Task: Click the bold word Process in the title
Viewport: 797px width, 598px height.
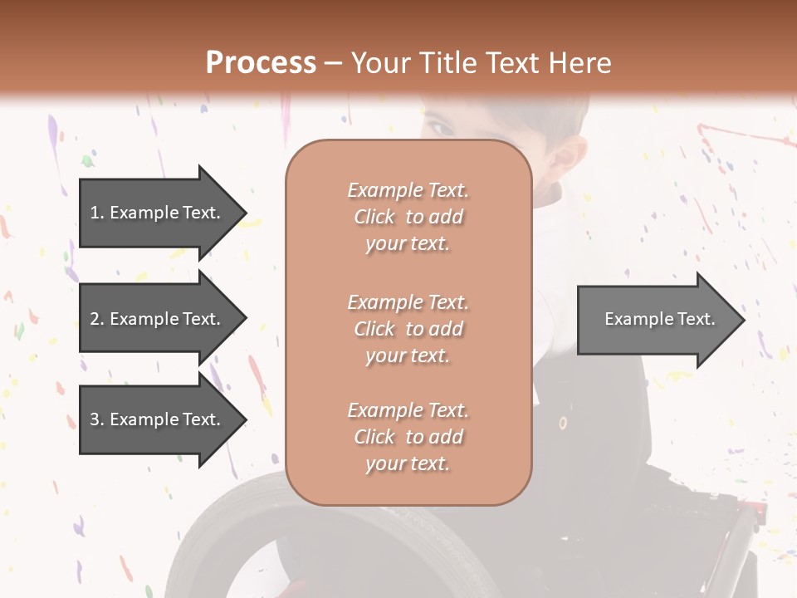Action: click(261, 62)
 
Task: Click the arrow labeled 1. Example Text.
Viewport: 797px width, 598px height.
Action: click(158, 213)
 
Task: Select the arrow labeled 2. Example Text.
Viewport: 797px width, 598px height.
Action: click(158, 319)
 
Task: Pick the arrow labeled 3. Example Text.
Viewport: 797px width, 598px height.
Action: click(158, 419)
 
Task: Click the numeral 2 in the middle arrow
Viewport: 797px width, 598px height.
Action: click(95, 319)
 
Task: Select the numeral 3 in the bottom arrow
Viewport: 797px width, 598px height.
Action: click(95, 419)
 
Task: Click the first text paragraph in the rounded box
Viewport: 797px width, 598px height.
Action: click(408, 217)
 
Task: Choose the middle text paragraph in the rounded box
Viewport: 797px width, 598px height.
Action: click(408, 328)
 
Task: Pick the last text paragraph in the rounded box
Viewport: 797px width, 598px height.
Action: click(408, 437)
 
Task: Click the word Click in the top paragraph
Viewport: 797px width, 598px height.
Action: click(374, 217)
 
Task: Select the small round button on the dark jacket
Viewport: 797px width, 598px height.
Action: click(563, 423)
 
